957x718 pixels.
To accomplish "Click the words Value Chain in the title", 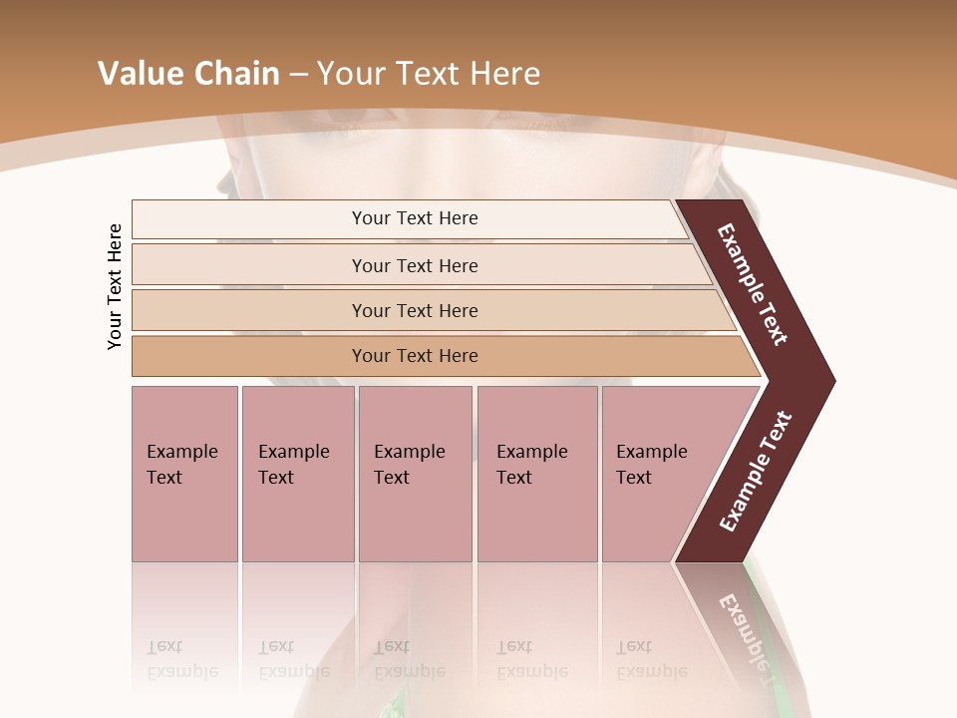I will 188,74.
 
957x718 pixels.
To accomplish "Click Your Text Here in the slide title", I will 428,74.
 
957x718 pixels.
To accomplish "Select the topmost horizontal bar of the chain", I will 249,218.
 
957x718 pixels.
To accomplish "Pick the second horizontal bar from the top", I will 249,265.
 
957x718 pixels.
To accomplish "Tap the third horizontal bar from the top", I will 249,310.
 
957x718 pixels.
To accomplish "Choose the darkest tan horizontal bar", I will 249,356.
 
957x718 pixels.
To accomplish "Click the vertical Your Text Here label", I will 115,286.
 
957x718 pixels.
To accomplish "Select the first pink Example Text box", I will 184,474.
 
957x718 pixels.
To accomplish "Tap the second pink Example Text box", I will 297,474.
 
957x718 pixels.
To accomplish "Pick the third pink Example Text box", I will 415,474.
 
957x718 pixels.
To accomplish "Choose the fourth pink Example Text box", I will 536,474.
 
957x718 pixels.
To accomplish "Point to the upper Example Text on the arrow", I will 753,285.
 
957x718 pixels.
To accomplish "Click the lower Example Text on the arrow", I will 755,472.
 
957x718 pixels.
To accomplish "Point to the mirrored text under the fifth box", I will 651,659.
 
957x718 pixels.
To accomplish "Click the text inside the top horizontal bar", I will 415,218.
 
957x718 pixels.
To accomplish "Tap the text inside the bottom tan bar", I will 415,356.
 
